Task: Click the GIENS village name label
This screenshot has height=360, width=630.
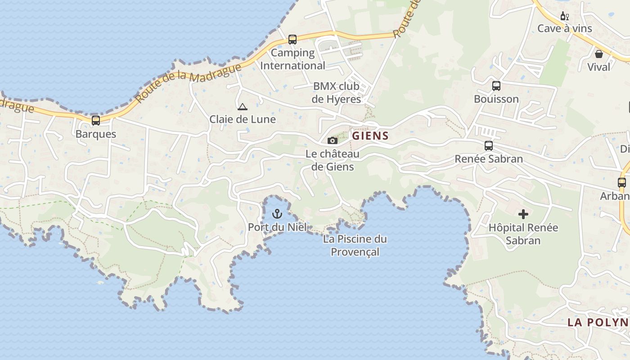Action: [x=370, y=135]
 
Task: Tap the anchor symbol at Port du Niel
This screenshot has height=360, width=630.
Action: [x=277, y=214]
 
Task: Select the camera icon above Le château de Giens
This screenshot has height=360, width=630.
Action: [x=333, y=140]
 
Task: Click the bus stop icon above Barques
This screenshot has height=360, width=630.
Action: [x=96, y=121]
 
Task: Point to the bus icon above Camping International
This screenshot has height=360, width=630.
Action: [x=292, y=40]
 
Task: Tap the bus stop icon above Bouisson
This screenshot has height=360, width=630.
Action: [x=496, y=85]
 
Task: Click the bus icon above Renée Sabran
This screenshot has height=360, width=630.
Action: [x=489, y=146]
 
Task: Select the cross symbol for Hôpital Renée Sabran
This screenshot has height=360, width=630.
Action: [x=523, y=214]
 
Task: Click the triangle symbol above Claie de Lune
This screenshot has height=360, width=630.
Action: [x=243, y=107]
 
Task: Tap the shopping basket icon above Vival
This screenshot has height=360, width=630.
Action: [x=599, y=54]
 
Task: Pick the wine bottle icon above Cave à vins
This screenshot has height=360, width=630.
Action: [x=564, y=17]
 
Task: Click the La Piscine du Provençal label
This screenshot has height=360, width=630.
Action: [x=355, y=245]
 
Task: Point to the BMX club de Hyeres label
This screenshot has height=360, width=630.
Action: [x=337, y=93]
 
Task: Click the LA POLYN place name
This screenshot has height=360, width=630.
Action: [x=598, y=322]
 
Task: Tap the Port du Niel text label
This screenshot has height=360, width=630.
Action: [x=277, y=227]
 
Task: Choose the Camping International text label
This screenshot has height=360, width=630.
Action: [x=293, y=59]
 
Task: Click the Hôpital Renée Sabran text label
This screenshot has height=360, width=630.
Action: [x=523, y=234]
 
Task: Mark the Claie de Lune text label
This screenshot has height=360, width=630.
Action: [x=243, y=120]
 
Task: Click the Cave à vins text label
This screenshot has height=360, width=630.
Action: [x=565, y=29]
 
